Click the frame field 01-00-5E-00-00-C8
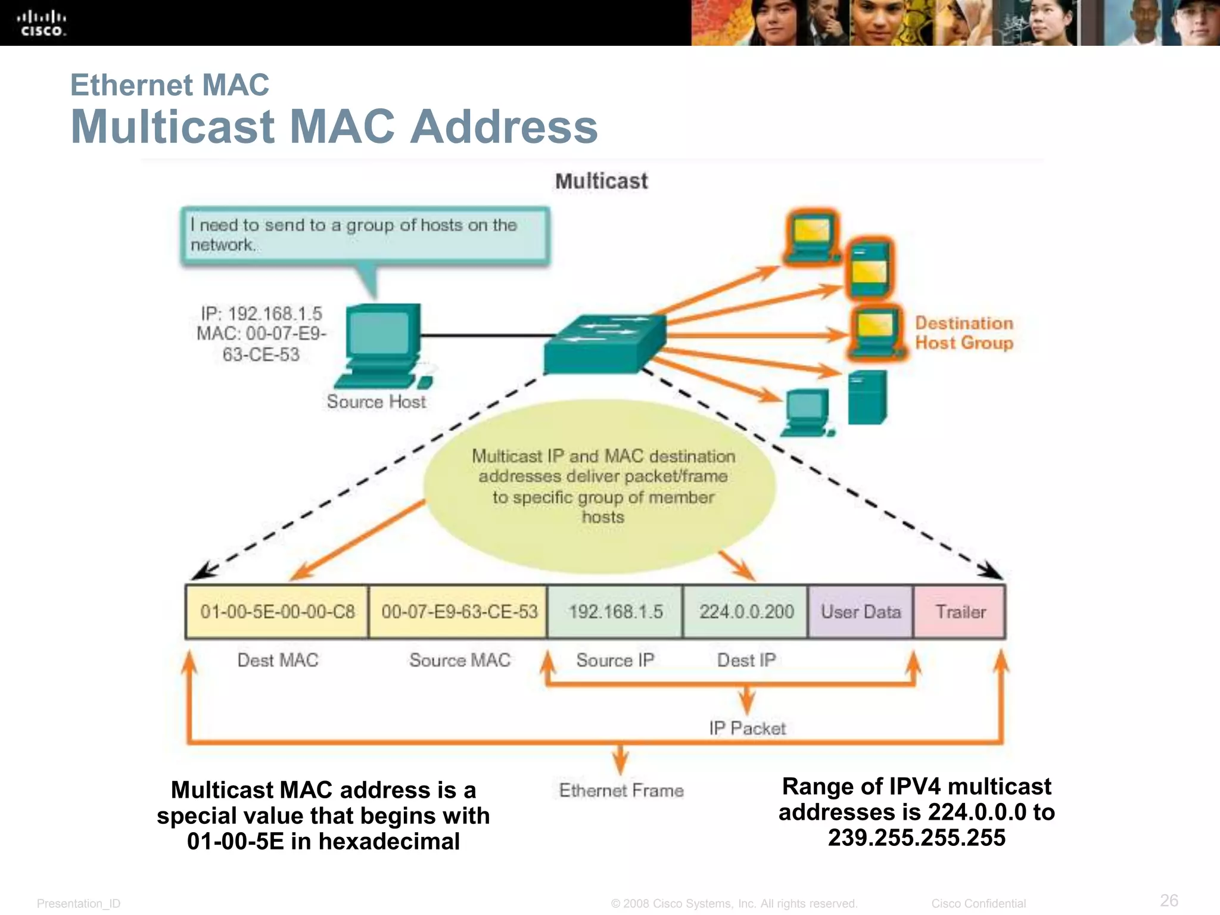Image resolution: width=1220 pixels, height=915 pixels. point(277,612)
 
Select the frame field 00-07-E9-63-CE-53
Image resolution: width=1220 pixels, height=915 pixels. point(458,612)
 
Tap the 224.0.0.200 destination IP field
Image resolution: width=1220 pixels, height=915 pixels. point(746,612)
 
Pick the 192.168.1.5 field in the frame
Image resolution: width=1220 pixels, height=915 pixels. point(615,612)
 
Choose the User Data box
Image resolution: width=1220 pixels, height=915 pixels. point(860,612)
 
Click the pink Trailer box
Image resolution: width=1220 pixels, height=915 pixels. point(960,612)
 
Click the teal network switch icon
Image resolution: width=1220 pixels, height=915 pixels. point(605,344)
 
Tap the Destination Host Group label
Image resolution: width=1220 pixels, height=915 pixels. point(964,333)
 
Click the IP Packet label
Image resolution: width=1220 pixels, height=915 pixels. point(747,728)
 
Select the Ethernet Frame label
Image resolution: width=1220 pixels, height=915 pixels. point(621,790)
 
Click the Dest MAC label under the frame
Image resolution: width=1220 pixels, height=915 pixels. point(278,660)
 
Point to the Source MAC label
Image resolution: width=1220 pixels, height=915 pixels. point(459,660)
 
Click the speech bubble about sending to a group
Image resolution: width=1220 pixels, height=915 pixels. point(365,235)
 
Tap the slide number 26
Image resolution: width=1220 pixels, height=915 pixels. point(1169,900)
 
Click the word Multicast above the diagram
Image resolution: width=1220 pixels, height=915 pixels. point(601,181)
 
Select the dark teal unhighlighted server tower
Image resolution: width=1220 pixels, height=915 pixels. point(867,397)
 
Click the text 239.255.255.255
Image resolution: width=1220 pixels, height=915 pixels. point(916,838)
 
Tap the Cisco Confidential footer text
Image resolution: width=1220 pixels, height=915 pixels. point(978,904)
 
